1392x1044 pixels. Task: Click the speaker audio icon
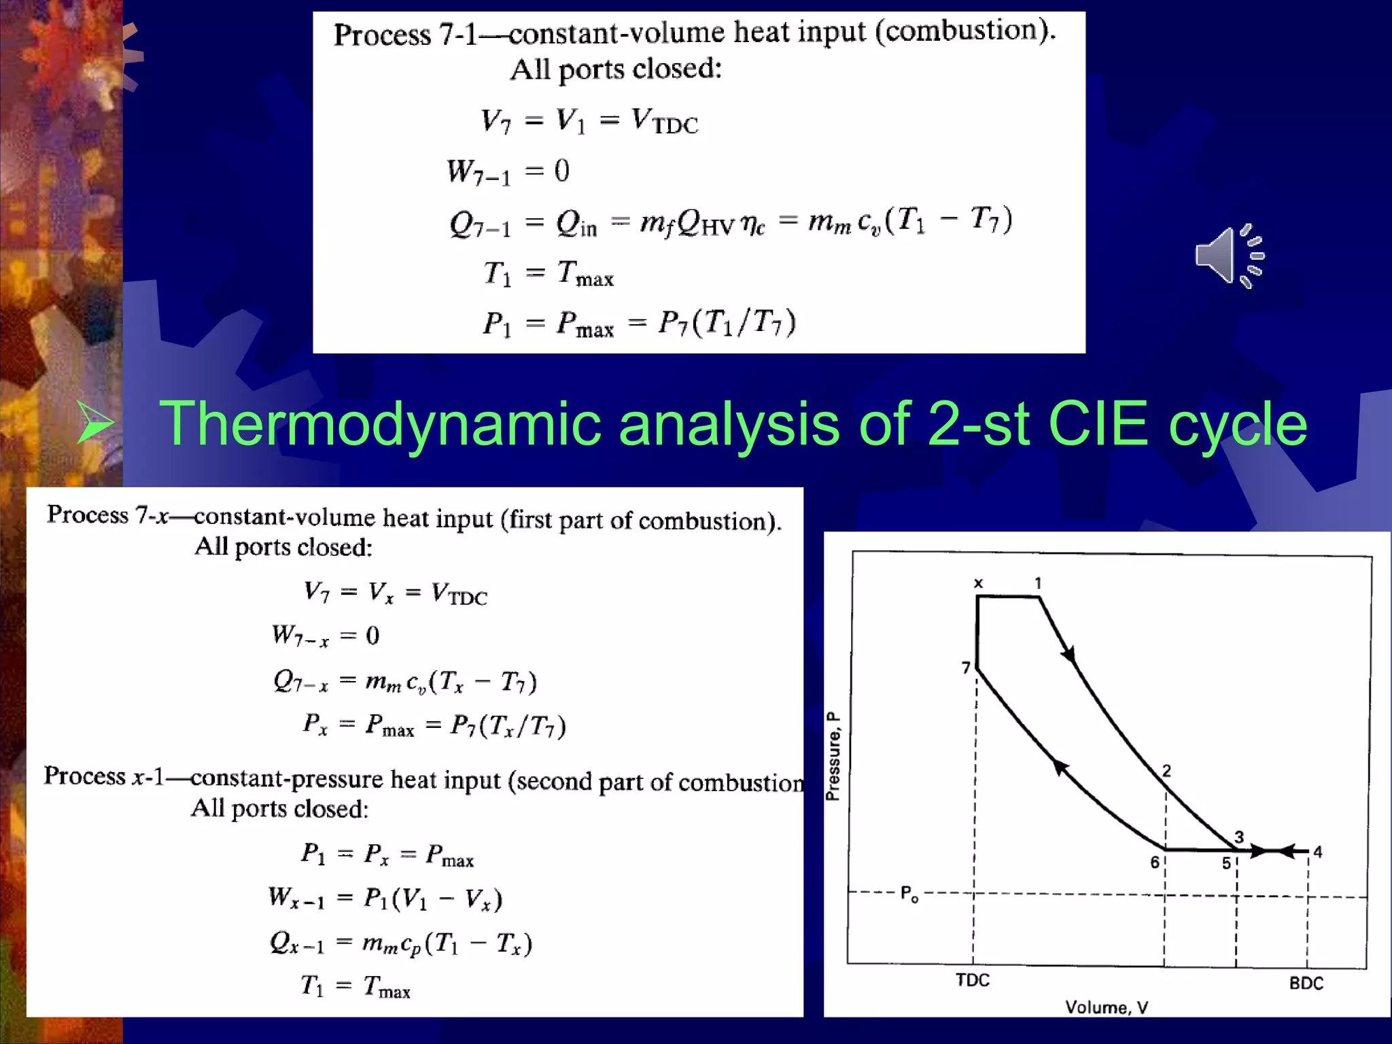(x=1229, y=256)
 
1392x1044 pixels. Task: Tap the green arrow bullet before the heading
(x=94, y=423)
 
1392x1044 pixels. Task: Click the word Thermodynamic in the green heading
(x=380, y=425)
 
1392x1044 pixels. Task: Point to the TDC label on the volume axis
(x=973, y=980)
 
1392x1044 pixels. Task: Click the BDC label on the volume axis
(x=1306, y=983)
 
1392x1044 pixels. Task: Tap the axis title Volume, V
(x=1106, y=1007)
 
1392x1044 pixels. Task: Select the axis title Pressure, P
(x=833, y=756)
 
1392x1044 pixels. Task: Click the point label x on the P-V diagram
(x=978, y=583)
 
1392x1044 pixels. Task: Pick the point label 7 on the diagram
(x=965, y=668)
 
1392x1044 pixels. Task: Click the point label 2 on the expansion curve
(x=1166, y=771)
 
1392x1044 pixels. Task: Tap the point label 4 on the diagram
(x=1317, y=852)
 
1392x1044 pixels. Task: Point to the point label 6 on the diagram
(x=1154, y=863)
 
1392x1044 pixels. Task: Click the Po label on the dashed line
(x=909, y=893)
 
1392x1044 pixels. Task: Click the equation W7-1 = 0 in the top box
(x=508, y=171)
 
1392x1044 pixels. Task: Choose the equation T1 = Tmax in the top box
(x=548, y=274)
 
